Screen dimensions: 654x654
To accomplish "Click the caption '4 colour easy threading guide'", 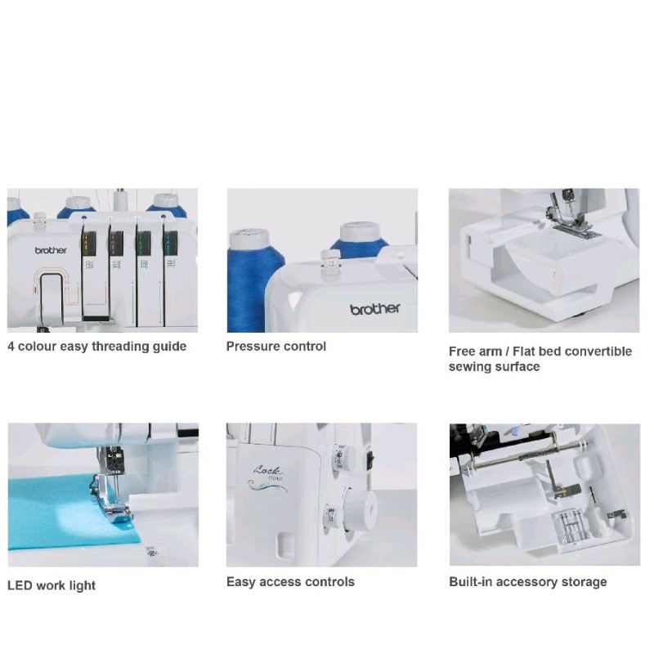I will click(x=96, y=347).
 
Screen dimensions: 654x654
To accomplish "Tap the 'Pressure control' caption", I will click(x=275, y=347).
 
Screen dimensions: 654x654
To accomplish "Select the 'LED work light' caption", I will click(x=52, y=585).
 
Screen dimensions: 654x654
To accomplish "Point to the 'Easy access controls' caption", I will click(x=290, y=582).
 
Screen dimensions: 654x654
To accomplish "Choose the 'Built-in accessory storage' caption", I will click(x=527, y=582).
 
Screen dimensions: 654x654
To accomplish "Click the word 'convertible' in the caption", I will click(x=594, y=352).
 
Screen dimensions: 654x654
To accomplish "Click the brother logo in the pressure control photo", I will click(x=375, y=309).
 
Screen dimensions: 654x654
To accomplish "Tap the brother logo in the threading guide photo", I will click(x=51, y=251).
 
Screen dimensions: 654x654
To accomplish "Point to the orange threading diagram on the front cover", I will click(x=51, y=290).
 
